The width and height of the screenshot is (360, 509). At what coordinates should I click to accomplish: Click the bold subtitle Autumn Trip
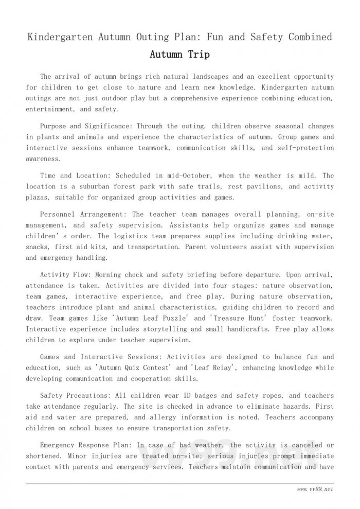pyautogui.click(x=179, y=54)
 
